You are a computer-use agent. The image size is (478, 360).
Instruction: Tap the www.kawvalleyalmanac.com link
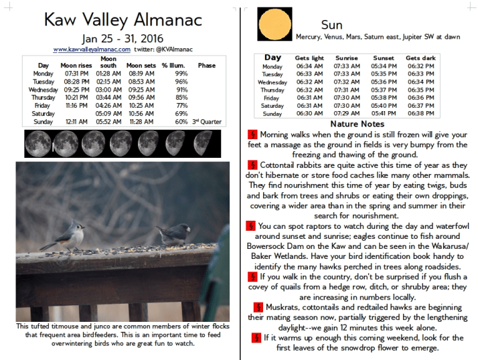point(91,50)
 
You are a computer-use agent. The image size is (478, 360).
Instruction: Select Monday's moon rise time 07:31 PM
point(76,73)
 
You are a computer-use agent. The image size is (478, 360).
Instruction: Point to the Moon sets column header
point(141,65)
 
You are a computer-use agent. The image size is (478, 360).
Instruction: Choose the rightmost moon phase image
point(205,142)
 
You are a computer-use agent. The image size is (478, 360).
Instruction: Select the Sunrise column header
point(346,58)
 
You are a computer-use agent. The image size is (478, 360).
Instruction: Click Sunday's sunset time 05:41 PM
point(384,114)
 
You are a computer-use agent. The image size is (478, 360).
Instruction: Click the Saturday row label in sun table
point(272,106)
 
